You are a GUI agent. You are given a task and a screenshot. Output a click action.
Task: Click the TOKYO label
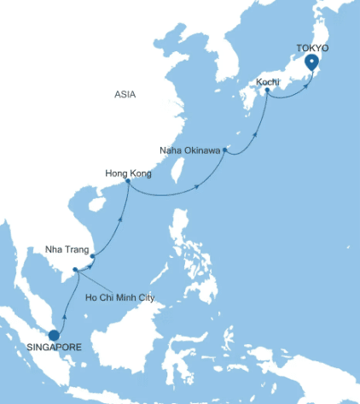pyautogui.click(x=313, y=48)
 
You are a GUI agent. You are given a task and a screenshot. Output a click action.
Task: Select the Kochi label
pyautogui.click(x=268, y=82)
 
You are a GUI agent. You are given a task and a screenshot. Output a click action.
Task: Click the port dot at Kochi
pyautogui.click(x=267, y=92)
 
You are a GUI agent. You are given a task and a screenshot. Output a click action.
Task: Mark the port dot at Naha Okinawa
pyautogui.click(x=224, y=150)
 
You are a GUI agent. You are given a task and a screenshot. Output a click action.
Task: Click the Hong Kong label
pyautogui.click(x=127, y=172)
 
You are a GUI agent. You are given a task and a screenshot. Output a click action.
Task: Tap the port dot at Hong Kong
pyautogui.click(x=128, y=181)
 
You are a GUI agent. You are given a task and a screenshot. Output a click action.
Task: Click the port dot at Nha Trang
pyautogui.click(x=91, y=254)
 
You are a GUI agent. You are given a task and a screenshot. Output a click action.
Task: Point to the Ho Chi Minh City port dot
pyautogui.click(x=76, y=271)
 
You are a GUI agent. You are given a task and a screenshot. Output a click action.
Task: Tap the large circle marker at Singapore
pyautogui.click(x=54, y=336)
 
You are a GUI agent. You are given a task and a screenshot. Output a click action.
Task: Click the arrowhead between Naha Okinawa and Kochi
pyautogui.click(x=254, y=132)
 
